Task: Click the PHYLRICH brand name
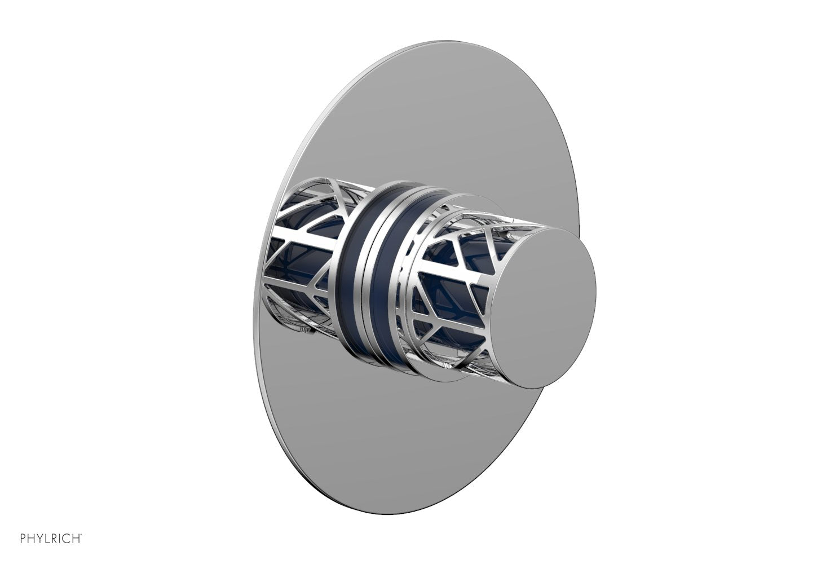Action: [x=51, y=539]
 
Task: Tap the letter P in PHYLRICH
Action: [x=23, y=539]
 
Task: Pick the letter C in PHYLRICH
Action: [x=69, y=539]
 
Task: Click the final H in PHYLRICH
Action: [x=78, y=539]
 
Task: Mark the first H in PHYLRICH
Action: [x=31, y=539]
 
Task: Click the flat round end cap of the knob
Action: [x=541, y=307]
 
